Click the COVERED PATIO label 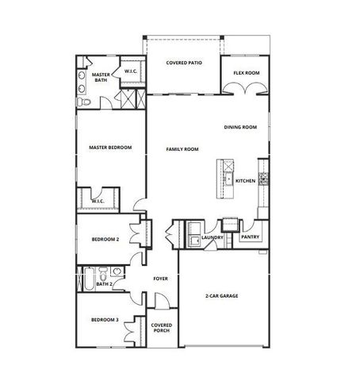tap(182, 63)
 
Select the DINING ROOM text tap(240, 127)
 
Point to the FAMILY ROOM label tap(182, 149)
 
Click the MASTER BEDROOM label tap(110, 148)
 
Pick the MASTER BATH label tap(101, 77)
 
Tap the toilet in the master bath tap(84, 102)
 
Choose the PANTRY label tap(250, 237)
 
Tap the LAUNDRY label tap(212, 237)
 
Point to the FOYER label tap(160, 279)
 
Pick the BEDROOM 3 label tap(105, 320)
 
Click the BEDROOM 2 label tap(105, 239)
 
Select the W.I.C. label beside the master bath tap(132, 72)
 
